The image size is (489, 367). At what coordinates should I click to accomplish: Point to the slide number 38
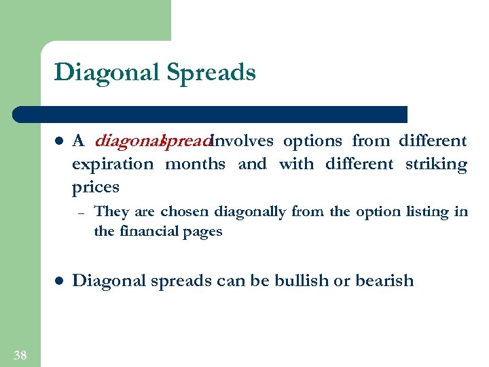(20, 354)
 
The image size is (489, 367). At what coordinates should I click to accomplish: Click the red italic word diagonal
(127, 141)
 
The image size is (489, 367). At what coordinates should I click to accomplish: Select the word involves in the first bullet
(243, 141)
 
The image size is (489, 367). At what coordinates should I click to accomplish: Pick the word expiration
(113, 164)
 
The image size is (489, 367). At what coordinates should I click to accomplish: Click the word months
(196, 164)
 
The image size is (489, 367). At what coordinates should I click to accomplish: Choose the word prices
(95, 187)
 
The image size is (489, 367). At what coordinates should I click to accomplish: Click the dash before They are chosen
(79, 213)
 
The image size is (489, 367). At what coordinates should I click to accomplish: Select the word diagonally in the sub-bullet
(250, 212)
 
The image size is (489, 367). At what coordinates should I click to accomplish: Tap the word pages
(203, 232)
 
